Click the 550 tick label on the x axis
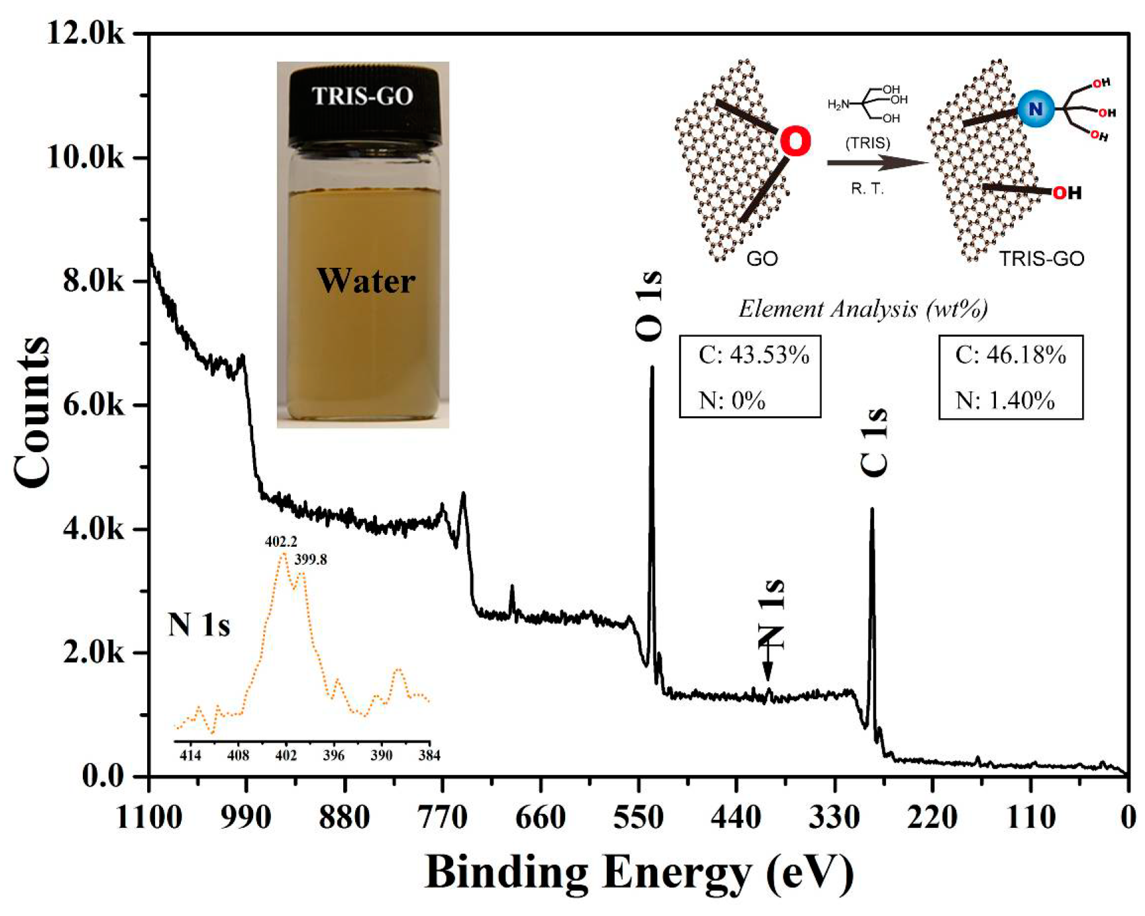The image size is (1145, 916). pos(638,818)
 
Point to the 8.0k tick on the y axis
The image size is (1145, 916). pos(93,281)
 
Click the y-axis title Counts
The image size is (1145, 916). pos(32,412)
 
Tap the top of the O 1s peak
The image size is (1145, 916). pos(652,368)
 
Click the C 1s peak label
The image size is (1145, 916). pos(874,442)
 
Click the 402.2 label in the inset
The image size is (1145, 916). pos(281,542)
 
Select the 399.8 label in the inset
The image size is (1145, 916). pos(311,560)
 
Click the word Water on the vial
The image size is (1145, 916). pos(366,281)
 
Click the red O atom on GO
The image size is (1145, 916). pos(795,142)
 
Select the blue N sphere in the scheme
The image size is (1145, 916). pos(1036,109)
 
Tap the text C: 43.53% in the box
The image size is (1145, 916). pos(753,356)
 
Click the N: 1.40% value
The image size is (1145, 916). pos(1005,401)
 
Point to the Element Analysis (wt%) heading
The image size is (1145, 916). pos(863,309)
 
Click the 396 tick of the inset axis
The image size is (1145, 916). pos(334,756)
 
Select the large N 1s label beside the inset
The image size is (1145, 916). pos(199,625)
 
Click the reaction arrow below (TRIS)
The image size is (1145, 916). pos(876,162)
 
